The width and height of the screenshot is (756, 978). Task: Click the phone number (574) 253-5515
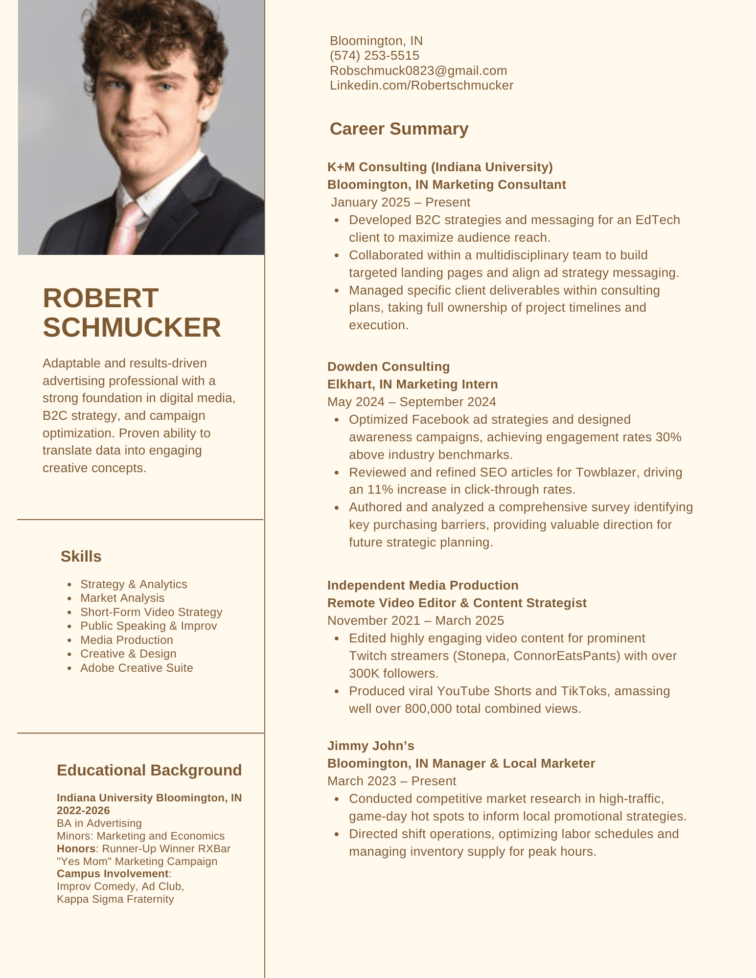click(x=374, y=55)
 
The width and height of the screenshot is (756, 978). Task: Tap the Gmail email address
click(x=418, y=70)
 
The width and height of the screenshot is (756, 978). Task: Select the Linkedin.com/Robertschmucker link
click(x=421, y=85)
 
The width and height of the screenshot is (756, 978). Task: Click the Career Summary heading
click(x=399, y=129)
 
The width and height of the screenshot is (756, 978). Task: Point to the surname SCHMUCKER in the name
click(x=132, y=327)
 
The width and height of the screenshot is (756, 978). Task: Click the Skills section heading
click(x=81, y=556)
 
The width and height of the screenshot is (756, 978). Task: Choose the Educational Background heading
click(x=149, y=770)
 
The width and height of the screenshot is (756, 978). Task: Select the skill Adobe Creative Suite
click(x=137, y=668)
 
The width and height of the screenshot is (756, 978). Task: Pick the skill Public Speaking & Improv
click(x=148, y=626)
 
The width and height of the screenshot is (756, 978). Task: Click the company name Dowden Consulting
click(x=389, y=366)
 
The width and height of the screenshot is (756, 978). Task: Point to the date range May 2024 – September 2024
click(x=412, y=402)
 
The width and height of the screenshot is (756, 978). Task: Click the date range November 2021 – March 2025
click(x=415, y=620)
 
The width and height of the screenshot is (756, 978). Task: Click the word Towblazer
click(x=605, y=472)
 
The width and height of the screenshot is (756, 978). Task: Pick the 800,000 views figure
click(x=428, y=708)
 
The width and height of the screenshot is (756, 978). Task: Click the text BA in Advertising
click(x=99, y=823)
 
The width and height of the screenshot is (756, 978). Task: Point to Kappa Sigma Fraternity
click(x=115, y=899)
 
